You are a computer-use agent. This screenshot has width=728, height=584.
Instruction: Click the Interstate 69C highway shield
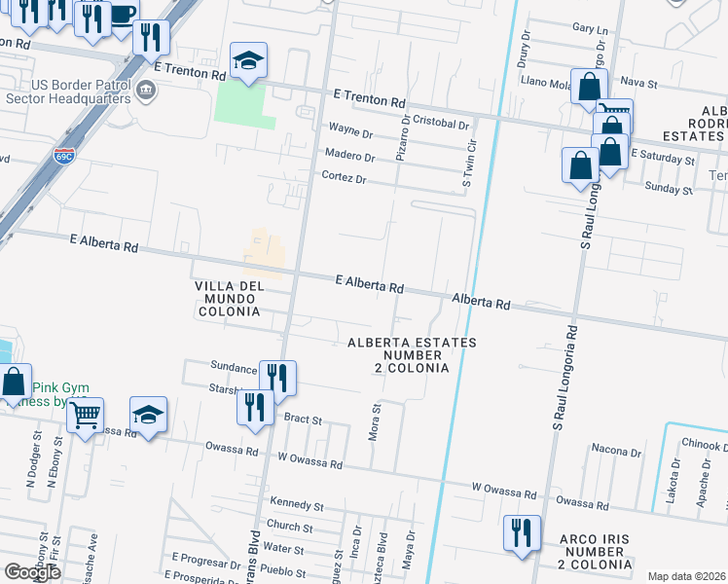pos(64,156)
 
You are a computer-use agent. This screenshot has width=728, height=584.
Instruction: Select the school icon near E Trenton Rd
pos(248,61)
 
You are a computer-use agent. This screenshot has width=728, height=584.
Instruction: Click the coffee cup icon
pos(121,16)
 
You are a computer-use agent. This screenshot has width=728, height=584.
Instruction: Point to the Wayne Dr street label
pos(351,130)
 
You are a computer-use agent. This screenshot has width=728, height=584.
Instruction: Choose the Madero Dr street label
pos(349,155)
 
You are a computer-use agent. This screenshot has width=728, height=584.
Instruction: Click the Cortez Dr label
pos(344,178)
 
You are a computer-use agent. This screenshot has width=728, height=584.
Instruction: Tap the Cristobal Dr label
pos(441,125)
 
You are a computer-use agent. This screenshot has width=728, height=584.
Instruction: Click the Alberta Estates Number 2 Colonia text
pos(413,355)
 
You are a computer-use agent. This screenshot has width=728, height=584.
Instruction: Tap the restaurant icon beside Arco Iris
pos(522,532)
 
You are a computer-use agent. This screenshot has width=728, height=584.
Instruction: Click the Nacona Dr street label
pos(616,451)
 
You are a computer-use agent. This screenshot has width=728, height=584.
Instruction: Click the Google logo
pos(33,571)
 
